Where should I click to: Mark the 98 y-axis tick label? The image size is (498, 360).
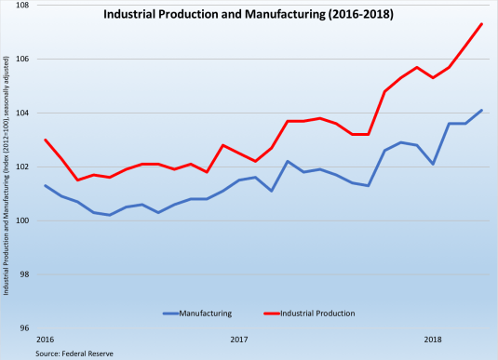point(25,275)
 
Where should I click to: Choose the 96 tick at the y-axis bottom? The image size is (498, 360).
point(25,328)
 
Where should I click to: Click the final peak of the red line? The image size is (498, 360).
point(481,24)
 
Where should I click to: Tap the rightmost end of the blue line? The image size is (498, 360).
point(481,110)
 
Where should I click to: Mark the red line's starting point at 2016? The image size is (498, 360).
point(46,140)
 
